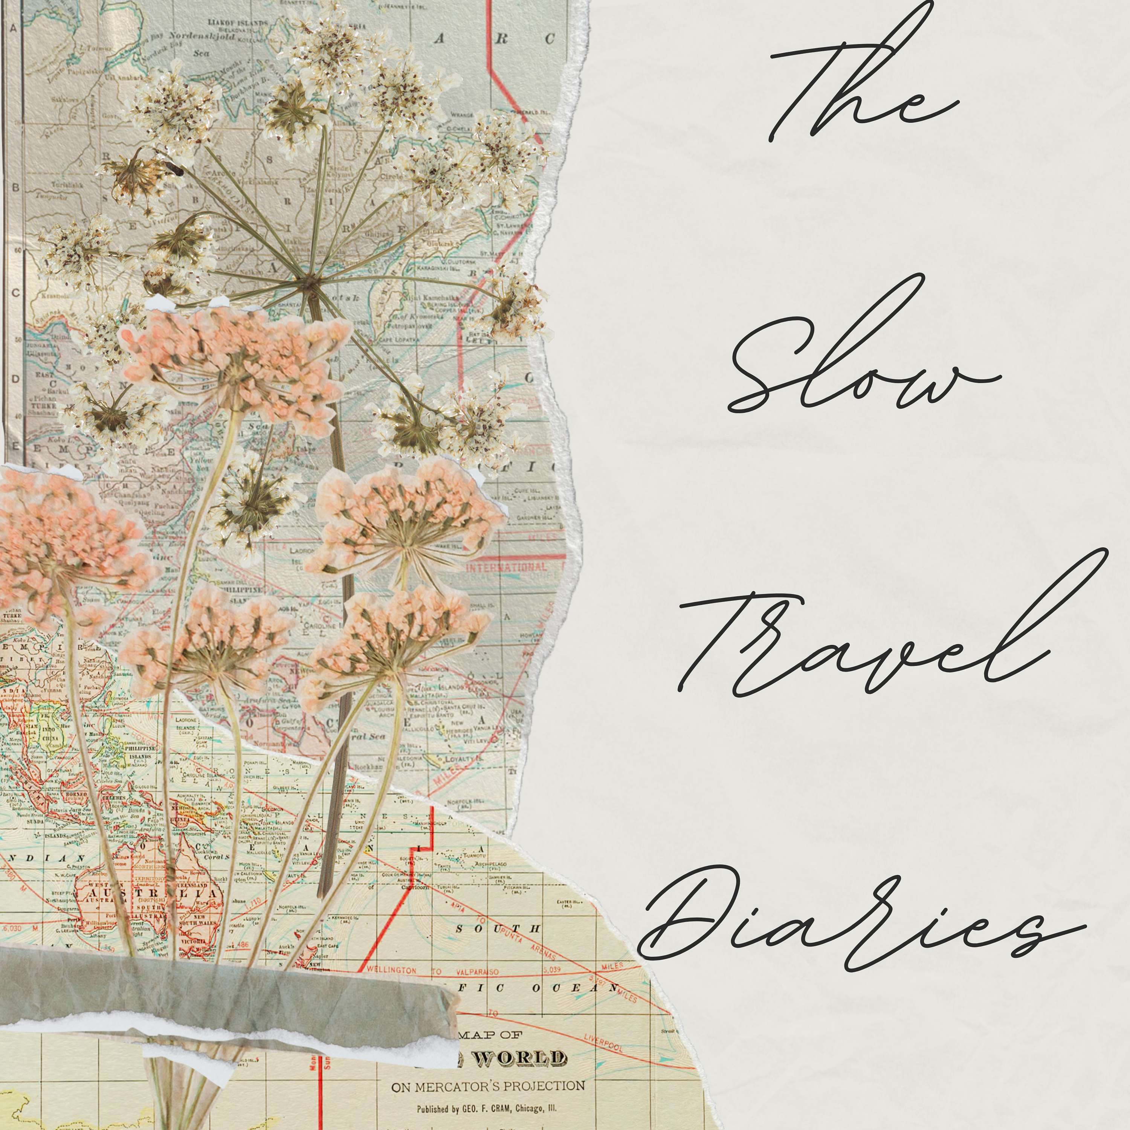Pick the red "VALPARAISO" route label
pos(477,971)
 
